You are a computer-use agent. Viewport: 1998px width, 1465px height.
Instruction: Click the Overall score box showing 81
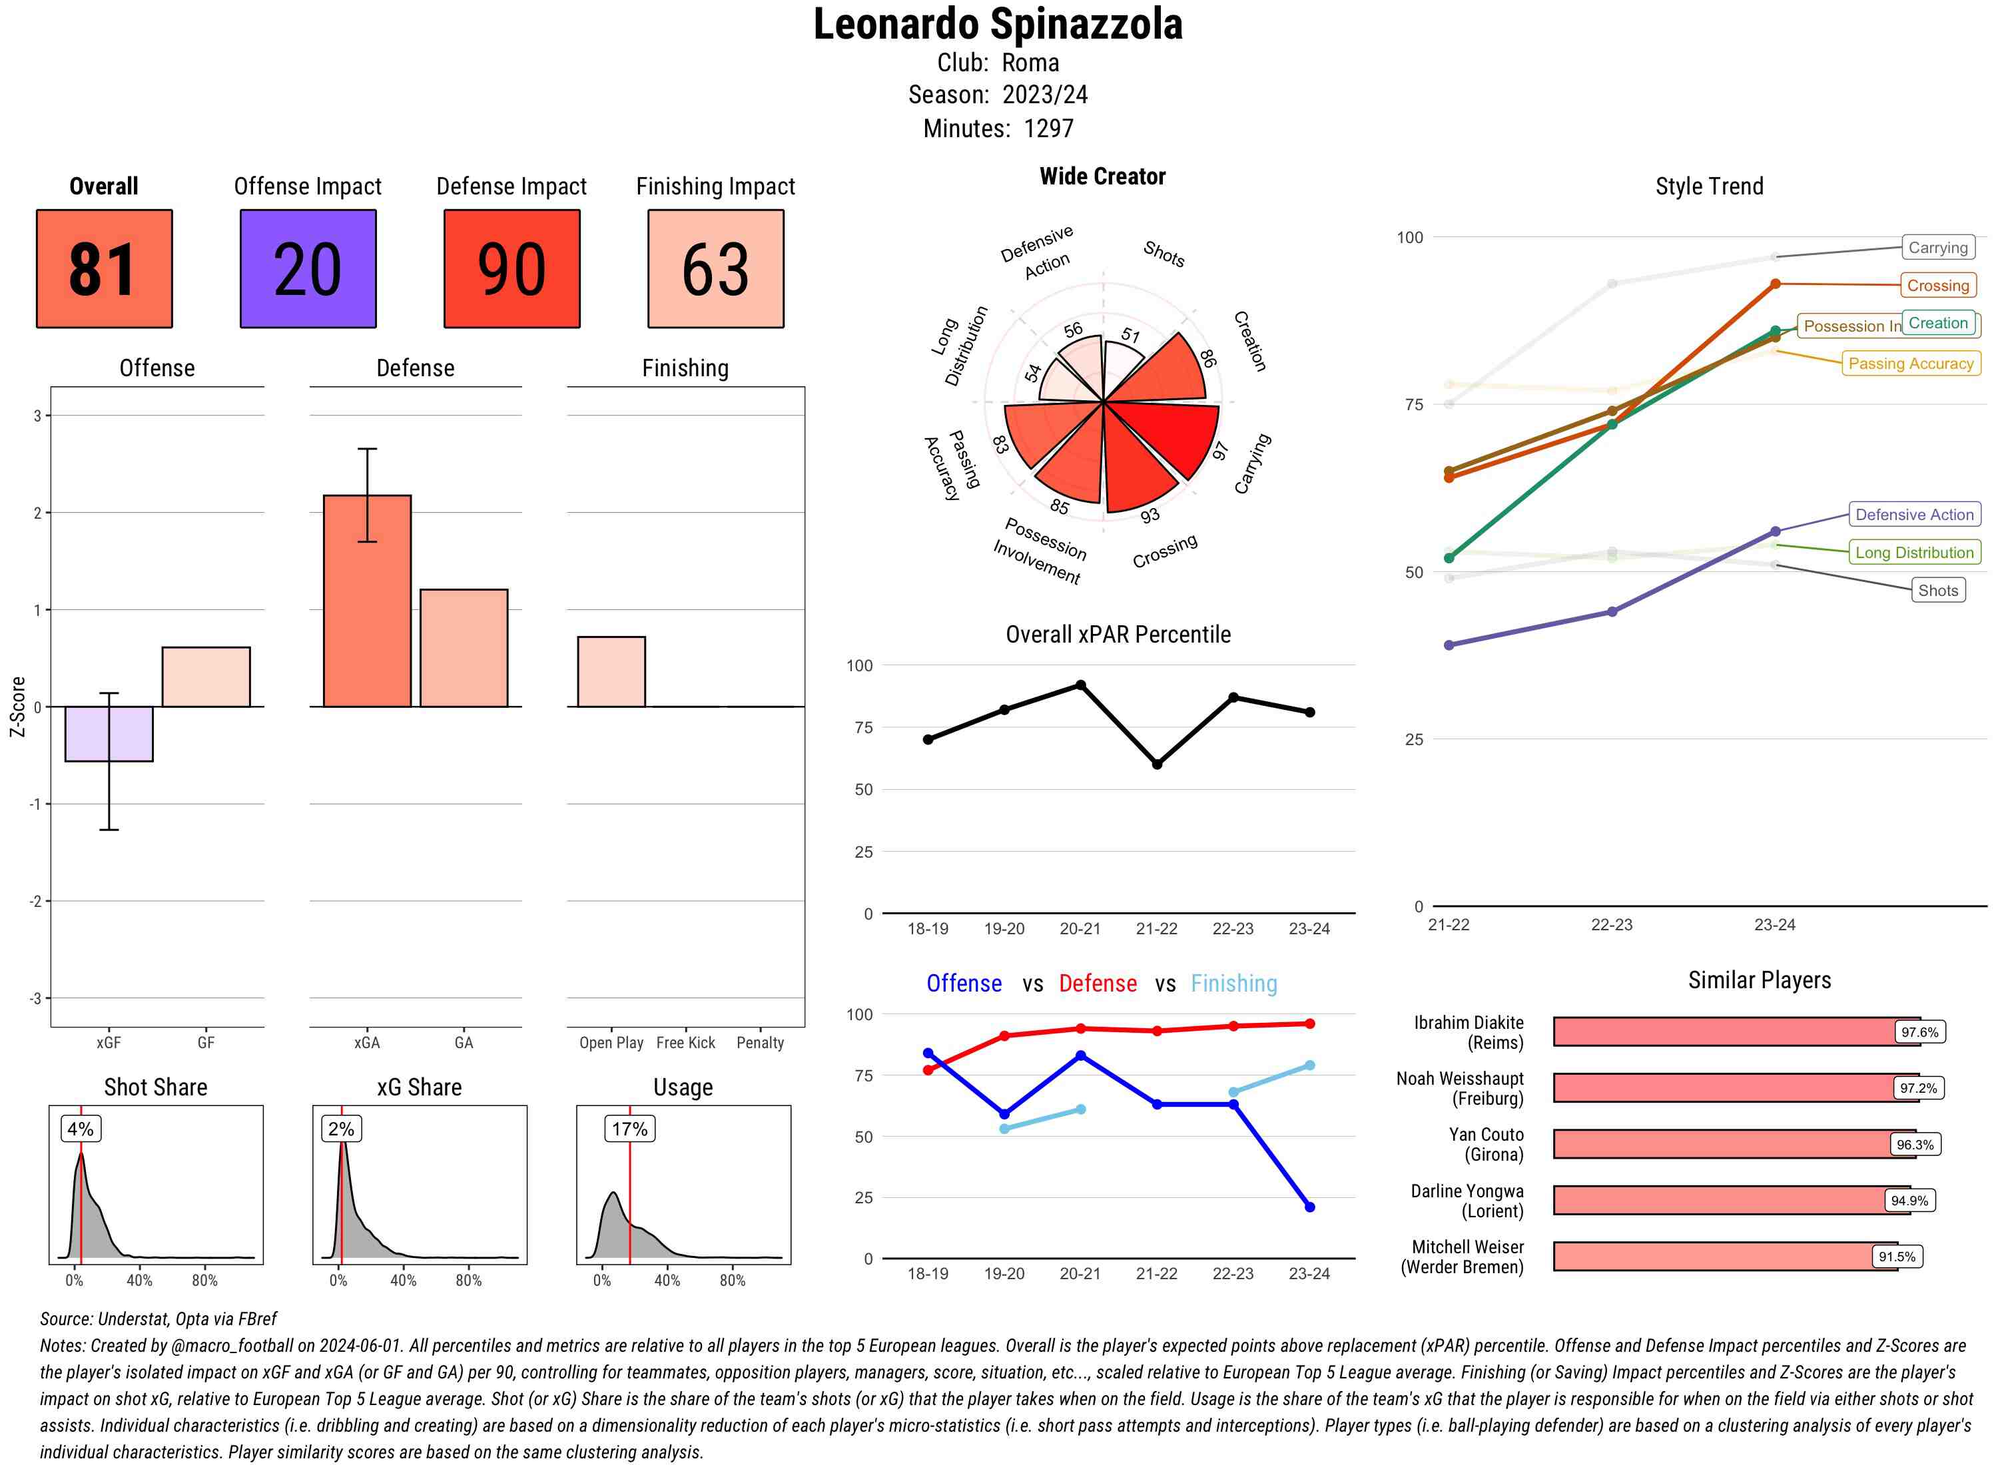pos(104,269)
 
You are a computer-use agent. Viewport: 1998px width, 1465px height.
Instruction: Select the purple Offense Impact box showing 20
pos(308,269)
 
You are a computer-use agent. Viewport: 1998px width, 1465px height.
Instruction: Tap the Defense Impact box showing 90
pos(511,269)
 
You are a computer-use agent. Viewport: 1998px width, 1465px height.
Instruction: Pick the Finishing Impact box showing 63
pos(716,269)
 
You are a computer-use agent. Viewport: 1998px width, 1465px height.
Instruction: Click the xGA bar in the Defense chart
pos(367,601)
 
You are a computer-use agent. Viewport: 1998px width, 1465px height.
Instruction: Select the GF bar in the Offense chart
pos(206,677)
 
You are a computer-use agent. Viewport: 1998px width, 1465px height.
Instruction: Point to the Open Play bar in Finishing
pos(611,672)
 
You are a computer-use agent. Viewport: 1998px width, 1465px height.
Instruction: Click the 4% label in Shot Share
pos(80,1129)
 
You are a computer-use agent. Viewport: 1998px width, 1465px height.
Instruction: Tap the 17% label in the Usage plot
pos(629,1129)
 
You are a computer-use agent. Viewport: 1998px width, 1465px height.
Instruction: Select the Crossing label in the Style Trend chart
pos(1937,286)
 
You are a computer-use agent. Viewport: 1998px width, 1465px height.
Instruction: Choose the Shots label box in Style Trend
pos(1937,591)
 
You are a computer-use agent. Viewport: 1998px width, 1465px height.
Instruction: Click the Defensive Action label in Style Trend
pos(1915,514)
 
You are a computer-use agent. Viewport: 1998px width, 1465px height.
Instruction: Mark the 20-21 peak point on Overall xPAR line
pos(1080,685)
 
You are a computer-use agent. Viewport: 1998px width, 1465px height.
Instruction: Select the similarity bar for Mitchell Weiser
pos(1725,1257)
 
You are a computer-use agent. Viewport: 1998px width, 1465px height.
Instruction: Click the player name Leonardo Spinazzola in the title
pos(998,25)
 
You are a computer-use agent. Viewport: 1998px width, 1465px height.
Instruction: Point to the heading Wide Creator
pos(1102,176)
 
